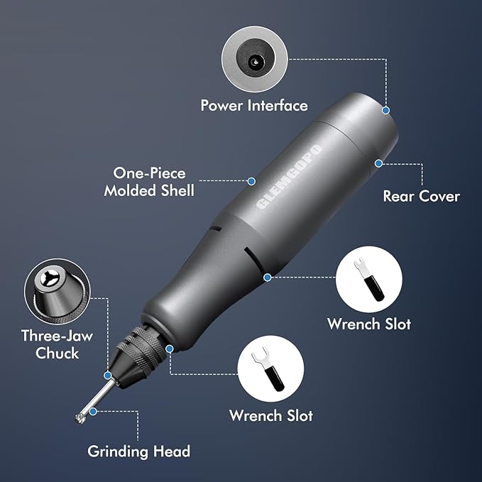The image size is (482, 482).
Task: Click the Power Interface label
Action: pyautogui.click(x=254, y=106)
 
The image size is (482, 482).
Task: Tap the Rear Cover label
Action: pyautogui.click(x=421, y=196)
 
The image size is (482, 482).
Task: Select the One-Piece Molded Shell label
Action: pyautogui.click(x=149, y=182)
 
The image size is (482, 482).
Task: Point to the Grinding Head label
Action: pyautogui.click(x=138, y=451)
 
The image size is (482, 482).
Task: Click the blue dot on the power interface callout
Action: pyautogui.click(x=387, y=110)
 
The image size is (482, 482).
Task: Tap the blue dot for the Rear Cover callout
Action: pyautogui.click(x=378, y=163)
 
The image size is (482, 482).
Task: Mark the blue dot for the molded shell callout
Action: pyautogui.click(x=251, y=181)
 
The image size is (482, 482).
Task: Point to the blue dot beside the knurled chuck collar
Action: pyautogui.click(x=170, y=348)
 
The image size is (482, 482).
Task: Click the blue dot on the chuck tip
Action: pyautogui.click(x=108, y=376)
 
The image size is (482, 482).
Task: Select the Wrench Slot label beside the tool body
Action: pyautogui.click(x=369, y=324)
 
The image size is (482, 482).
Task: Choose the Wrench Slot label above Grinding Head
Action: pyautogui.click(x=270, y=415)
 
